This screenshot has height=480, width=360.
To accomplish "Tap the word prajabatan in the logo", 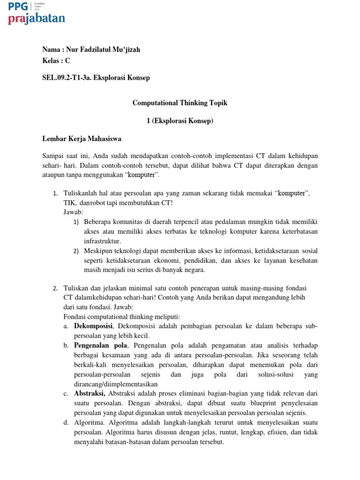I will click(37, 19).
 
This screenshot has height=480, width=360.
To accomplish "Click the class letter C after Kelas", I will click(67, 61).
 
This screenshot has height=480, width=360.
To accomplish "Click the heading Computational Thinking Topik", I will click(180, 103).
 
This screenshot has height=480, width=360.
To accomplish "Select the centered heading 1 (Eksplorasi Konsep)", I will click(180, 121).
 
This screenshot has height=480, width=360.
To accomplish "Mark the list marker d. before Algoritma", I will click(66, 423).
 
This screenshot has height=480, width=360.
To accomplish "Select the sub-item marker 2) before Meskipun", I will click(76, 251).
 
